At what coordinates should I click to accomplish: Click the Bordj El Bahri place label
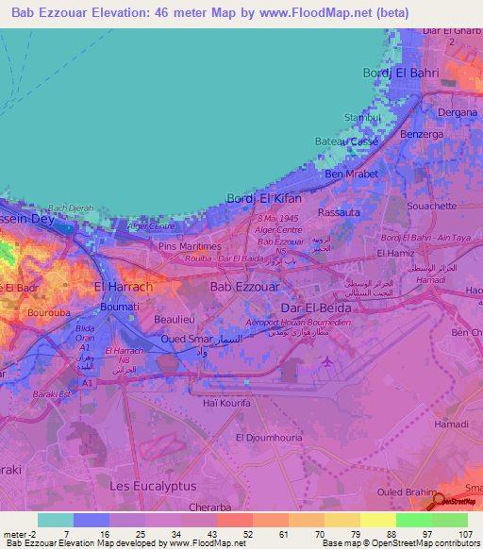point(401,73)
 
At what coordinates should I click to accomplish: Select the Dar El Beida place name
point(315,308)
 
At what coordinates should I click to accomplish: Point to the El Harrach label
point(123,286)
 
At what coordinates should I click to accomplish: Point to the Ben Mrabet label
point(351,175)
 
